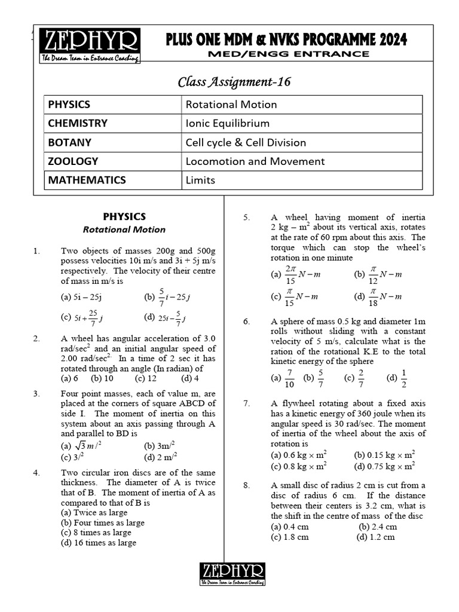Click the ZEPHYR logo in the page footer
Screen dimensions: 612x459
232,574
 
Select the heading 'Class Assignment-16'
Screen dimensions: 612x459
234,82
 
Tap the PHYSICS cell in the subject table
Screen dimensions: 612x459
69,105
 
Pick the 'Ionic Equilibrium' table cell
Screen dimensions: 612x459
227,124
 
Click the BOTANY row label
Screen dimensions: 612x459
70,142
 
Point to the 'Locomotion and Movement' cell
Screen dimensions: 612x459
255,161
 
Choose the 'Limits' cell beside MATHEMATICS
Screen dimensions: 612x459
200,180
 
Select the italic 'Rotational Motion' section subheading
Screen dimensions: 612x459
124,229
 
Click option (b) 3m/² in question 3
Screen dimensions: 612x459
160,446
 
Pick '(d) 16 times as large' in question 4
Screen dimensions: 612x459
99,543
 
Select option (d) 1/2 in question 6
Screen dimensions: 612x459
397,378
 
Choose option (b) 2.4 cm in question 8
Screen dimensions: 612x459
378,527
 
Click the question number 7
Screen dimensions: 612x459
246,403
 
